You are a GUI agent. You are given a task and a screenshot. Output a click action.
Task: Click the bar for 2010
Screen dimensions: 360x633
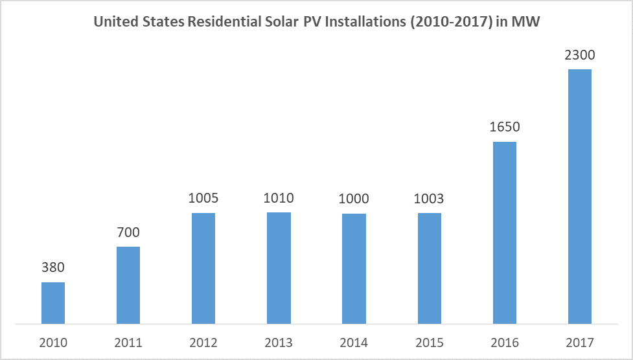click(53, 302)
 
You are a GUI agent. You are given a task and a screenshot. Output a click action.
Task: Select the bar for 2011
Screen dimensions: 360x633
click(128, 285)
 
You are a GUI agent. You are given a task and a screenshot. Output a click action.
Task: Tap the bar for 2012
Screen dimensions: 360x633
click(203, 268)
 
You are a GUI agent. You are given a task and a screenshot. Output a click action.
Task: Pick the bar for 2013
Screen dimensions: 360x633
click(279, 267)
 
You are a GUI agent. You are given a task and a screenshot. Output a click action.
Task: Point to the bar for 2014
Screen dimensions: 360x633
click(354, 268)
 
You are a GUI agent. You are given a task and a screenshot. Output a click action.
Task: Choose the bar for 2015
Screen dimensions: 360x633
click(430, 268)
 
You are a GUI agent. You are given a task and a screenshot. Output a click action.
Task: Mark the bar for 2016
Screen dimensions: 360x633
click(505, 232)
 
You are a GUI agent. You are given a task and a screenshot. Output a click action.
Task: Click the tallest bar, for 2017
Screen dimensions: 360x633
click(580, 196)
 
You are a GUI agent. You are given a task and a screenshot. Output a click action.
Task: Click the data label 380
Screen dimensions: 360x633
click(53, 267)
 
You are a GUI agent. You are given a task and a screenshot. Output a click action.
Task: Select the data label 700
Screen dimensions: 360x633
click(128, 232)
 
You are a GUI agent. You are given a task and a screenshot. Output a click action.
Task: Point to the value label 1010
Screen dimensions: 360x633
click(279, 198)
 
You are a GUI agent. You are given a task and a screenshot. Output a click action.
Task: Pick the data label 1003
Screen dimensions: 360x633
click(430, 199)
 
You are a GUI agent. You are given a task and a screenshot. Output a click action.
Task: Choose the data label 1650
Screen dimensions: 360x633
click(505, 127)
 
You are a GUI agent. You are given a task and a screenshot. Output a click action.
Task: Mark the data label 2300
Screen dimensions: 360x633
click(580, 55)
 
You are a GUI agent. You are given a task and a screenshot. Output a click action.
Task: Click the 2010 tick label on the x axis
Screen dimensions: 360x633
click(53, 343)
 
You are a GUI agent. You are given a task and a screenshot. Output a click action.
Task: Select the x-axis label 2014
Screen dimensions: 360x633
click(354, 343)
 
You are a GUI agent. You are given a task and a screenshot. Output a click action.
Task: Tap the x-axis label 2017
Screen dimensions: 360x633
click(580, 343)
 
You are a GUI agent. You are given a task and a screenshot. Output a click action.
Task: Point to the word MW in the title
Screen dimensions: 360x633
click(526, 21)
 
